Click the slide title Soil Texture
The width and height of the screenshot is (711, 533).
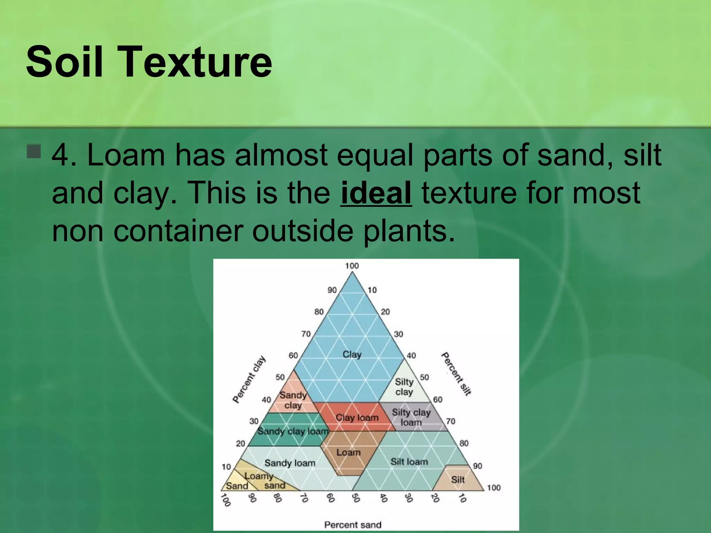[149, 62]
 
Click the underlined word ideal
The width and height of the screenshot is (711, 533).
[376, 193]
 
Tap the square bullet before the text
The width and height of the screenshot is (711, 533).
[34, 151]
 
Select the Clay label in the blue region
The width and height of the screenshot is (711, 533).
[352, 354]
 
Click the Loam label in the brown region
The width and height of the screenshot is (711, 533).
[348, 452]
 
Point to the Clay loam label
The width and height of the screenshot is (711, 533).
[357, 417]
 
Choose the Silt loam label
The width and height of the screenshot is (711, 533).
[409, 462]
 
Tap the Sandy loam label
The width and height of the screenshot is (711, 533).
[290, 463]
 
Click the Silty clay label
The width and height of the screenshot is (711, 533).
[404, 387]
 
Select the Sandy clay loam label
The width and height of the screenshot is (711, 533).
[293, 431]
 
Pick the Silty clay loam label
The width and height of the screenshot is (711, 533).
[411, 417]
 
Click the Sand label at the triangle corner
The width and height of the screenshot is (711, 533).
[237, 486]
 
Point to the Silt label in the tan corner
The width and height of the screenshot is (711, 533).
[458, 480]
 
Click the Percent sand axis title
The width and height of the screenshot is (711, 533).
[352, 525]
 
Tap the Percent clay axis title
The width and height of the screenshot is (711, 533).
[249, 379]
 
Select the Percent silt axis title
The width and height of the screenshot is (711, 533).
[456, 374]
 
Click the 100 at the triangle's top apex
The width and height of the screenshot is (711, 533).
[352, 266]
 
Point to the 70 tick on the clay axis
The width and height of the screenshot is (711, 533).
[306, 334]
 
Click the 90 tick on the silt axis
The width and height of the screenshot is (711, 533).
[477, 466]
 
